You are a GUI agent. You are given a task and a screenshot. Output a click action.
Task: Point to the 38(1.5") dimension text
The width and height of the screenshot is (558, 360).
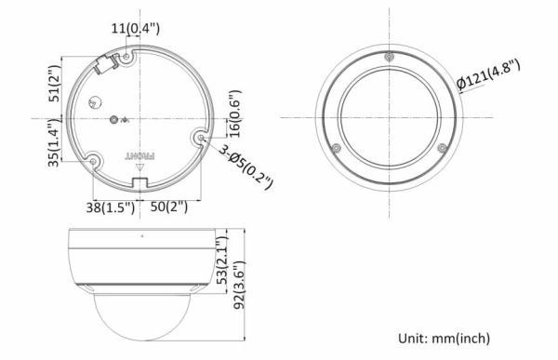107,207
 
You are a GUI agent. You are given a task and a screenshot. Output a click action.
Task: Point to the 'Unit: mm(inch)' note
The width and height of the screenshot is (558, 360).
444,338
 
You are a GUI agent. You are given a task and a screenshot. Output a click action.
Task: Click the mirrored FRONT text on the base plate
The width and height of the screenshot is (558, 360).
139,156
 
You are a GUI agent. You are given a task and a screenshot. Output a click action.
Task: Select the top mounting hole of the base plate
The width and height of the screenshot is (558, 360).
127,56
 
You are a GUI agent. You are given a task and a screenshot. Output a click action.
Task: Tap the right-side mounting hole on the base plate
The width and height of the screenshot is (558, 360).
200,139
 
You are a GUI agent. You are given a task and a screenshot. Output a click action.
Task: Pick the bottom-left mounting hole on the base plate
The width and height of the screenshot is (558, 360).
94,159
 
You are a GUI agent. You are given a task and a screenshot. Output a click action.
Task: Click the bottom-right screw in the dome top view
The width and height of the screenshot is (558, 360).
441,147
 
